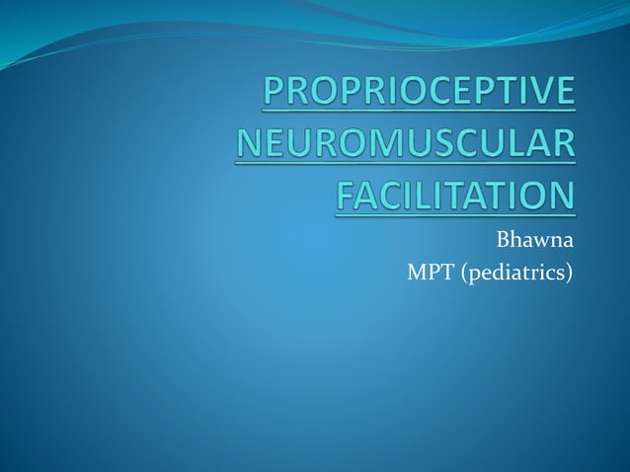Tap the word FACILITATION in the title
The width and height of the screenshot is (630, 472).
tap(454, 196)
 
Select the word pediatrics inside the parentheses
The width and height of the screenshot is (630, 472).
tap(513, 271)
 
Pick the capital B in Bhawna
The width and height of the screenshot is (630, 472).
tap(503, 239)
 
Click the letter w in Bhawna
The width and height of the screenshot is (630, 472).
tap(540, 240)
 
